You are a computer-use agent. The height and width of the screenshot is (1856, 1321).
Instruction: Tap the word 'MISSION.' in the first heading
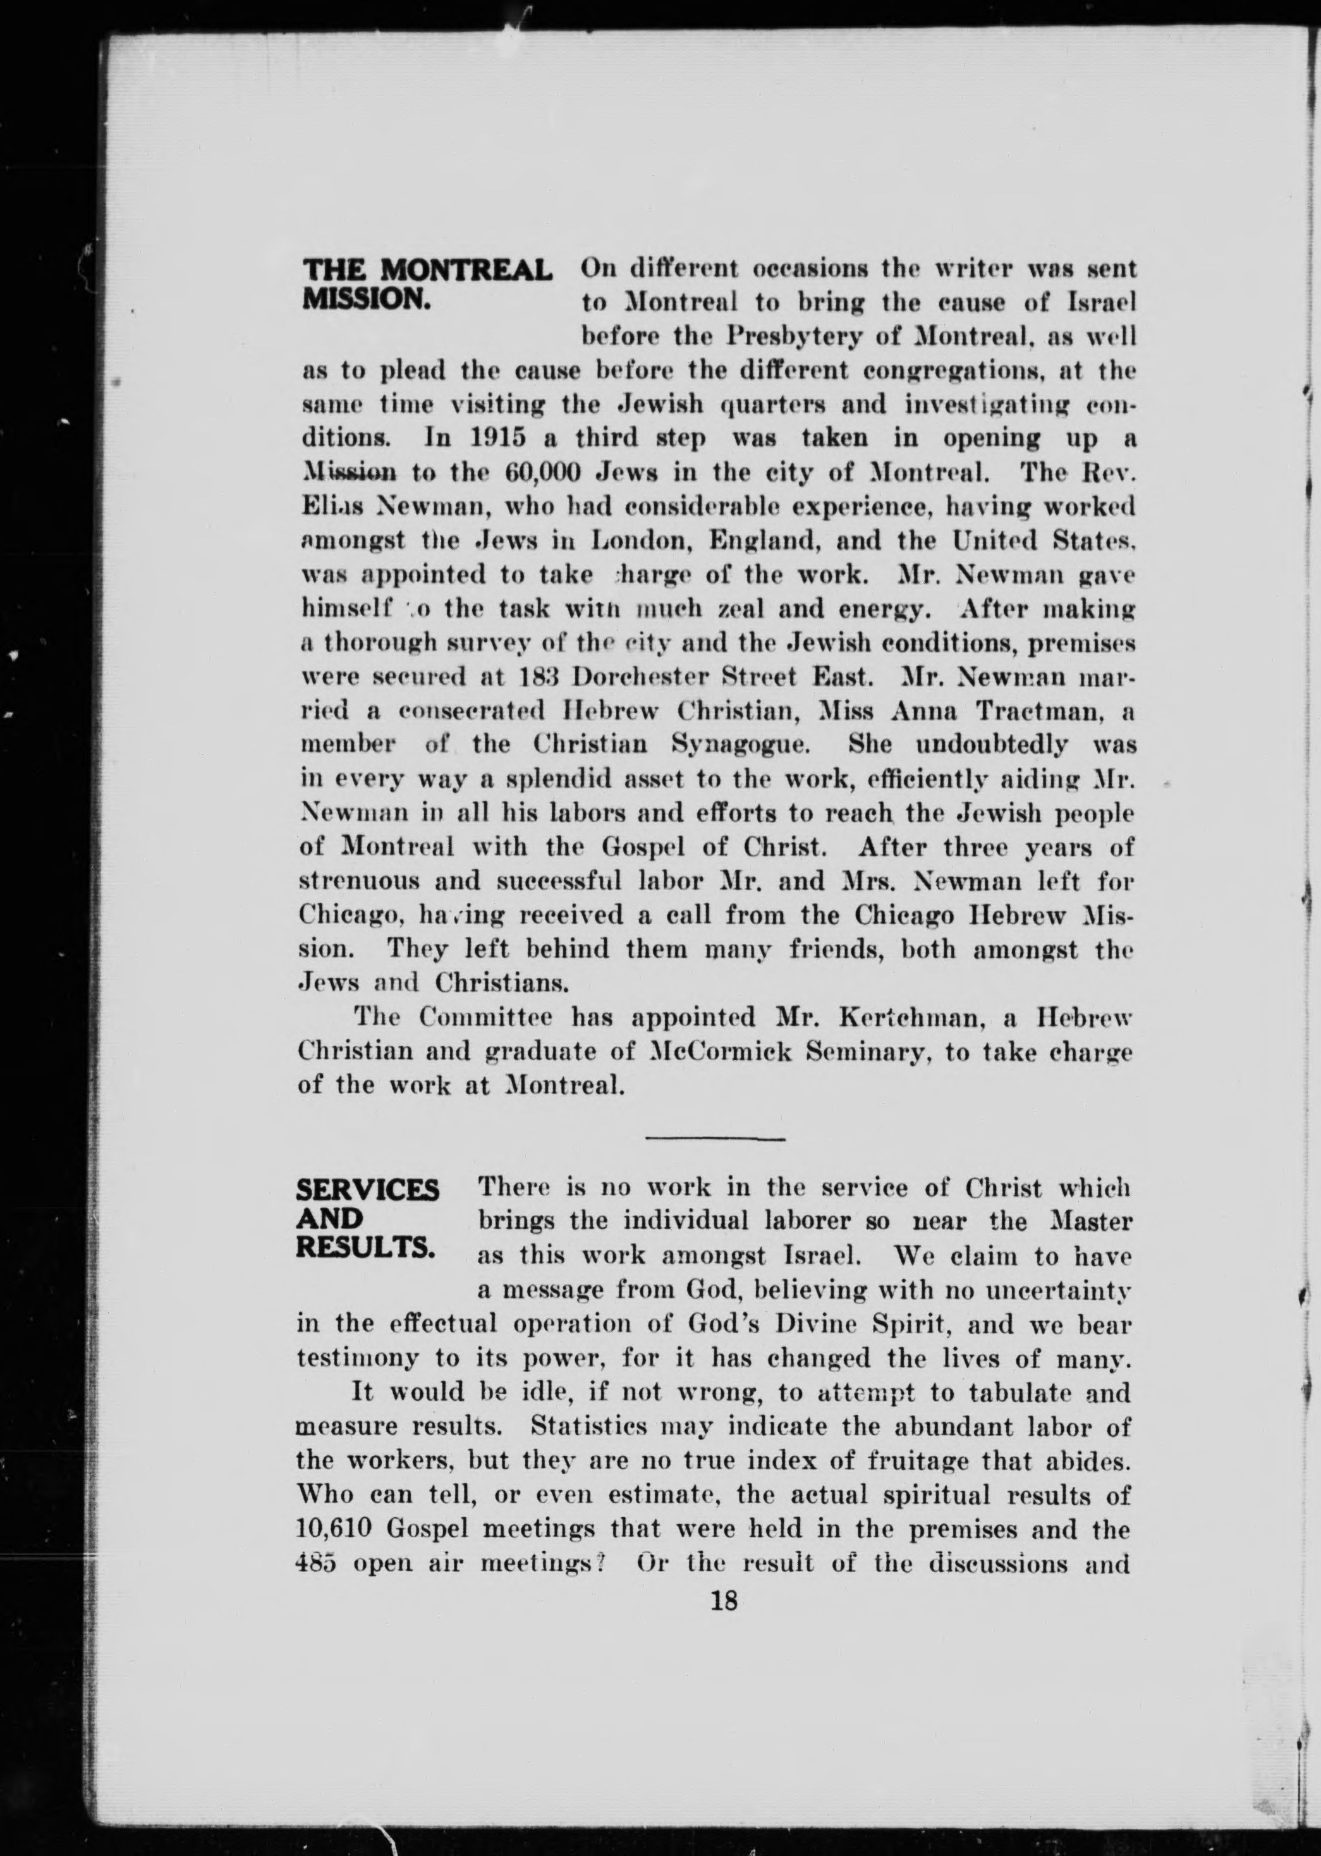point(365,299)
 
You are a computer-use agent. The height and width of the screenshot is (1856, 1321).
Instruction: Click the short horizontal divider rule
point(714,1138)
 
